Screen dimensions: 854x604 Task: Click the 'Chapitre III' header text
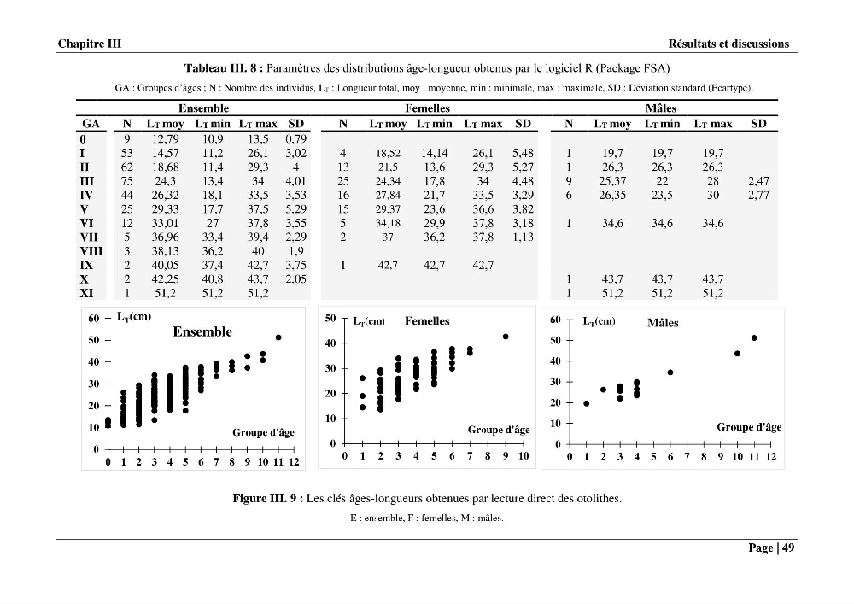90,44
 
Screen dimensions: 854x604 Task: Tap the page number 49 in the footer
788,548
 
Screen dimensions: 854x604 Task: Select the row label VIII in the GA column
91,251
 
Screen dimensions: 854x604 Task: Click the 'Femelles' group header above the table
427,108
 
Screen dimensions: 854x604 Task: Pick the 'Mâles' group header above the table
661,108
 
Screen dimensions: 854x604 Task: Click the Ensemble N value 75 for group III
127,181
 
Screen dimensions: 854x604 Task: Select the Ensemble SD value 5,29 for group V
295,209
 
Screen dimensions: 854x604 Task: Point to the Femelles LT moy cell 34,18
388,223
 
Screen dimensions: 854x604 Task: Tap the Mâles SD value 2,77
758,195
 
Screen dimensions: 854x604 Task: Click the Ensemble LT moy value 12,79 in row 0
165,139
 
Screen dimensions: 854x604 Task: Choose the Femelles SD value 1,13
523,237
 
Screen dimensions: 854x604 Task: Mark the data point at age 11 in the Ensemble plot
278,337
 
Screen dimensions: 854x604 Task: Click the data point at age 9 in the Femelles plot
506,337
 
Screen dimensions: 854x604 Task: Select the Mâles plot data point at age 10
738,354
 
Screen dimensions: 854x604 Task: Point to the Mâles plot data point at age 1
586,403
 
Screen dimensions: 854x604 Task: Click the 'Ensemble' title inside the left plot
202,331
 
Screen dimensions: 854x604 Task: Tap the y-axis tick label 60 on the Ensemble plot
94,319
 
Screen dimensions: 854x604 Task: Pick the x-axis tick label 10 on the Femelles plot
524,456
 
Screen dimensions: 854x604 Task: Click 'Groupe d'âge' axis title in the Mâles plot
749,427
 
